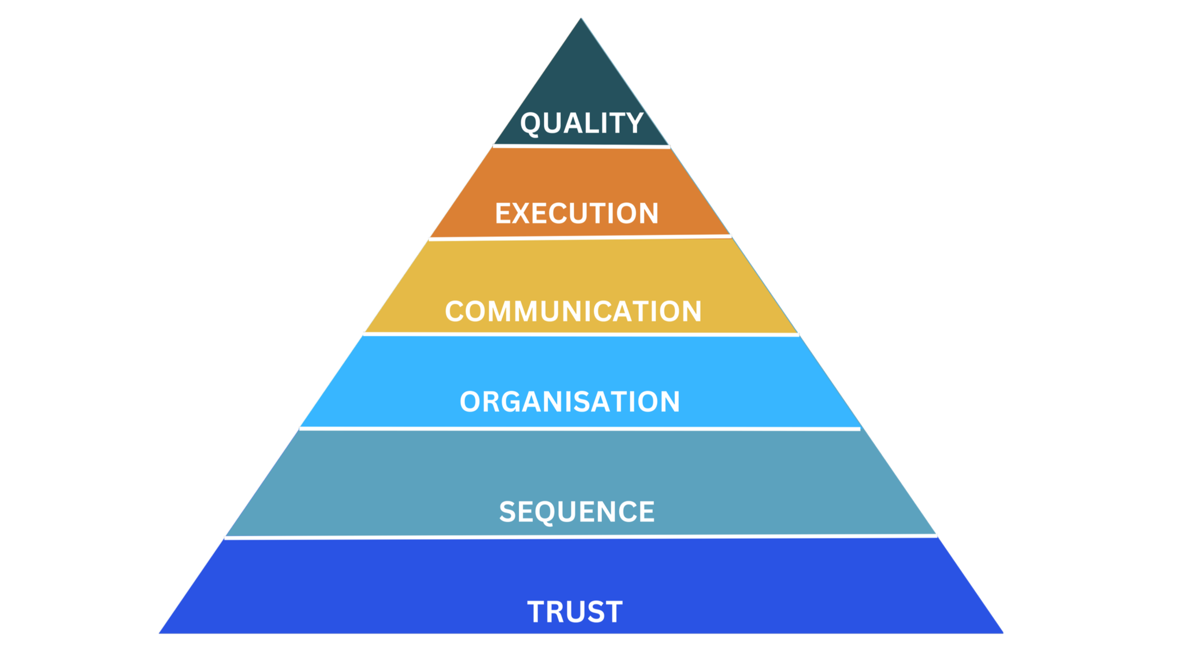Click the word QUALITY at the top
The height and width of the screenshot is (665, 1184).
click(582, 123)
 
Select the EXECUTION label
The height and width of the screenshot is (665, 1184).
click(576, 213)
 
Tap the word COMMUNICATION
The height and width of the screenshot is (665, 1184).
click(573, 311)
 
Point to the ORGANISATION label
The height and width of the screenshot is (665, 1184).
click(570, 401)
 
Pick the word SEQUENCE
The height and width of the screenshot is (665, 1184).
click(577, 512)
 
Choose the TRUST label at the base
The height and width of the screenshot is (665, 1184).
click(575, 612)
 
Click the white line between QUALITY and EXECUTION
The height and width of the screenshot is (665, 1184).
click(582, 146)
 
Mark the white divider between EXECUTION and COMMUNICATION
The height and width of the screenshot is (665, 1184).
click(580, 237)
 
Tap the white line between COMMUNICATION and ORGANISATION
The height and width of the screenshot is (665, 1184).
click(581, 335)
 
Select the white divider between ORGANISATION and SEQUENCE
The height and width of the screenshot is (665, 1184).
click(579, 429)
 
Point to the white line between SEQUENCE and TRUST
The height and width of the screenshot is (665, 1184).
click(581, 537)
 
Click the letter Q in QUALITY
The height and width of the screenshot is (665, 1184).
click(531, 124)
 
